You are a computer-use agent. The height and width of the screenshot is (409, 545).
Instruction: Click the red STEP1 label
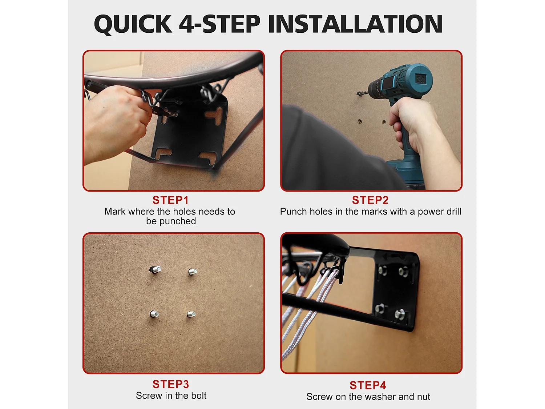[x=170, y=200]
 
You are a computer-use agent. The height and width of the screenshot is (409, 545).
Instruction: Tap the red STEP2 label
[x=370, y=200]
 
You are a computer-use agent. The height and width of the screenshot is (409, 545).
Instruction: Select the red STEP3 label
[x=171, y=384]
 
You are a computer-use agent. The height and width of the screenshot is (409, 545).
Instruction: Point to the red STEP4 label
[x=368, y=385]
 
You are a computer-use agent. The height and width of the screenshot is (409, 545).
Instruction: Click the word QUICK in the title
[x=133, y=24]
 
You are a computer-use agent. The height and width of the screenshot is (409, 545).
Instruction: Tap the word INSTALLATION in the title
[x=355, y=24]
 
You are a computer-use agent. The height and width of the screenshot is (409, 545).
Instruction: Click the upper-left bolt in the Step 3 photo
[x=156, y=269]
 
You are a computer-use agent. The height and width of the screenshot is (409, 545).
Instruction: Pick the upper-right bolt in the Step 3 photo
[x=193, y=272]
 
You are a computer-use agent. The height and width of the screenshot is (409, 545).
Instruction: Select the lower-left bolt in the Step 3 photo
[x=154, y=314]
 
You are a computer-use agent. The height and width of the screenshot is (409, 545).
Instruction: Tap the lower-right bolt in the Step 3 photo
[x=191, y=314]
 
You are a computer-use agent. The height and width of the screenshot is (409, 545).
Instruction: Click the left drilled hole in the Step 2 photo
[x=360, y=122]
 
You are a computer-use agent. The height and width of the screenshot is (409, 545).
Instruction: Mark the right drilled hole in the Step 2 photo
[x=384, y=122]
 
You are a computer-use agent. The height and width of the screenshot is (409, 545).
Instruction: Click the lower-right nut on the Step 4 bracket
[x=400, y=314]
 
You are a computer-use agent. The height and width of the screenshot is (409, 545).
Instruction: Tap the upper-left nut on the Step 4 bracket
[x=383, y=271]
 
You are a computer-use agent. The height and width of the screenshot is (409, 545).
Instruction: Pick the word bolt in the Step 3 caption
[x=198, y=395]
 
